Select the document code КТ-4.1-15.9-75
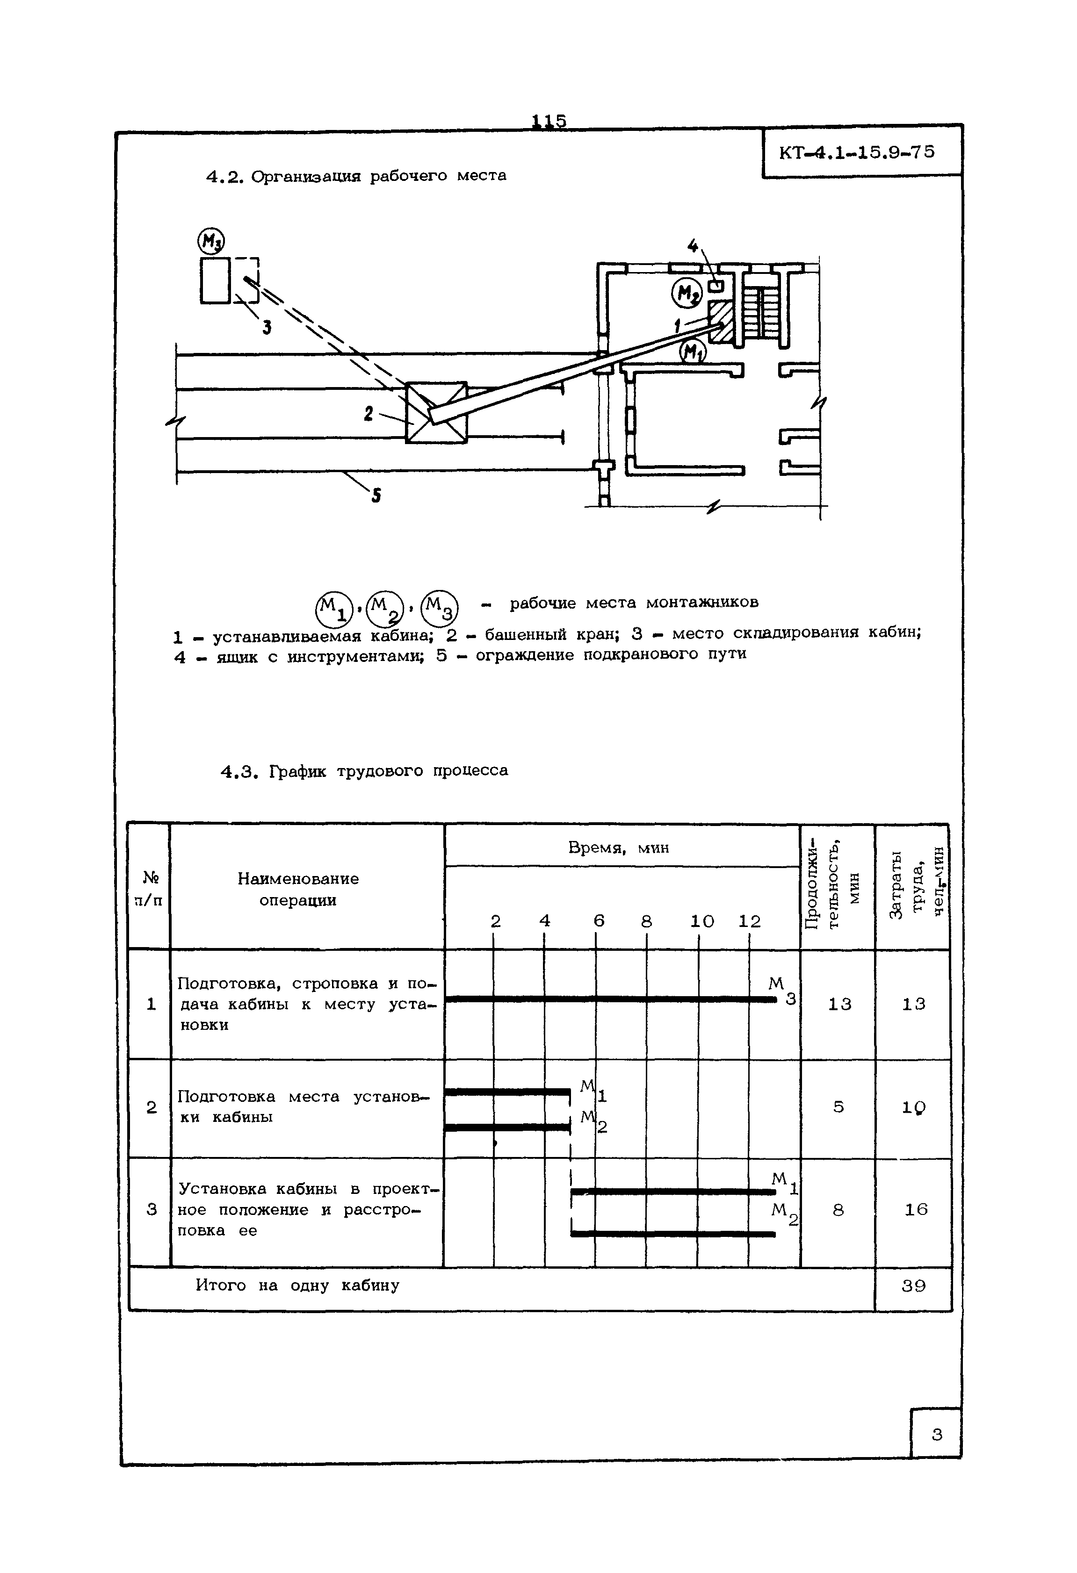click(857, 152)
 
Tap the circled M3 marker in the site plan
click(211, 240)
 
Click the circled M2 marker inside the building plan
click(687, 293)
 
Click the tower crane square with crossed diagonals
click(436, 412)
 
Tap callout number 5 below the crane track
click(376, 496)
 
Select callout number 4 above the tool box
click(693, 246)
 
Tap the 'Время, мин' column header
click(619, 848)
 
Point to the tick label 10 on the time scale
click(702, 921)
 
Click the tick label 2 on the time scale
click(496, 921)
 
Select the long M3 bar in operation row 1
click(609, 999)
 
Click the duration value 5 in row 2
click(838, 1106)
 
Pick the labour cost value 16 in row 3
click(916, 1209)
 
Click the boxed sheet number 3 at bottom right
click(937, 1434)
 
